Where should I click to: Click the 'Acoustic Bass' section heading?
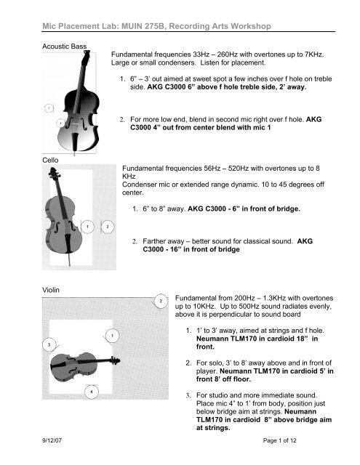65,46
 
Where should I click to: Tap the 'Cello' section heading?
50,160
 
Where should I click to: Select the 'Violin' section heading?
51,290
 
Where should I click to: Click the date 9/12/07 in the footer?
52,440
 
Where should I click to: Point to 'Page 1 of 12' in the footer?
279,440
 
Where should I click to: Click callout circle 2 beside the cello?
108,227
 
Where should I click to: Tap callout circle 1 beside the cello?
87,227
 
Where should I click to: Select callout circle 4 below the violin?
92,392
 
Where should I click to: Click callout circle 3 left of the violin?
49,344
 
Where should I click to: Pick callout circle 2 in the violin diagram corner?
161,302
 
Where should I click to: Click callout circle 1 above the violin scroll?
112,336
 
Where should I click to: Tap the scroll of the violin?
116,360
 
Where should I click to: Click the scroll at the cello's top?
53,172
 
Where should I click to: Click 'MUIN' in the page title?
131,26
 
